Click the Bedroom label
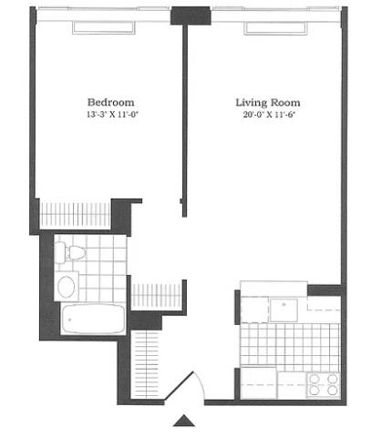click(111, 102)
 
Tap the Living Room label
click(268, 102)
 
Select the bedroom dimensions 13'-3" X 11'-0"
click(113, 115)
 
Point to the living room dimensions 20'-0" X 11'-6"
click(269, 115)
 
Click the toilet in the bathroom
click(70, 252)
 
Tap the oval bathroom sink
click(67, 287)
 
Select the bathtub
click(94, 319)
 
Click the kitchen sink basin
click(283, 310)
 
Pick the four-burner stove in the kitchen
click(324, 385)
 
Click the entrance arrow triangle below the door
click(184, 421)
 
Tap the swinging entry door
click(180, 387)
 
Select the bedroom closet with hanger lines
click(75, 215)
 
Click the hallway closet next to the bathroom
click(156, 296)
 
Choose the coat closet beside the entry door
click(147, 365)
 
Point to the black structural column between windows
click(191, 15)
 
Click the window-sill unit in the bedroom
click(104, 27)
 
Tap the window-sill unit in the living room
click(275, 27)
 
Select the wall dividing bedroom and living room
click(184, 120)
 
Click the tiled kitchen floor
click(290, 344)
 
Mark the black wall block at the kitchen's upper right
click(325, 290)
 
